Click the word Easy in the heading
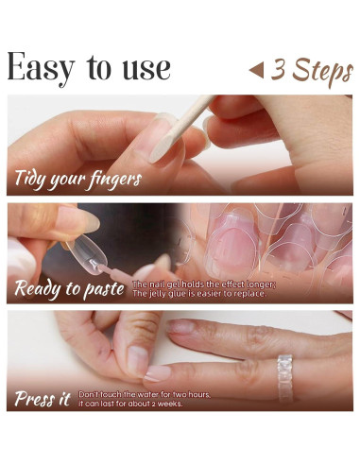41,68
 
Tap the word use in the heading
146,69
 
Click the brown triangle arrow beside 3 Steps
256,70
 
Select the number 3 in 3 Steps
278,68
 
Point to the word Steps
322,72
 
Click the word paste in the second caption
104,290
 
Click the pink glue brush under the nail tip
111,272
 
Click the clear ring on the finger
285,379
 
